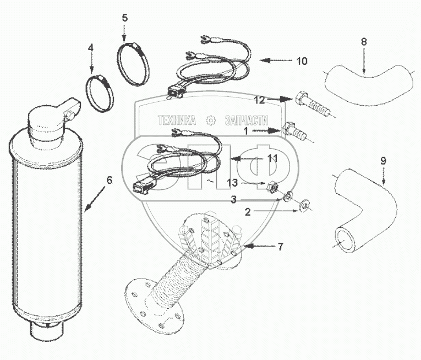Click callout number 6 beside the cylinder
(x=109, y=180)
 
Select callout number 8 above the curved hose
(x=364, y=42)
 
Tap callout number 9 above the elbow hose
(x=383, y=161)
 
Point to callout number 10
(x=302, y=61)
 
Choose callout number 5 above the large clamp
(x=125, y=18)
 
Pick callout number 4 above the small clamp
(x=91, y=48)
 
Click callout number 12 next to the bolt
(x=260, y=100)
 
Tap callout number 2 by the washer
(x=249, y=211)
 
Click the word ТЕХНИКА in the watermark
(x=177, y=120)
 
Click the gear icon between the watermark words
(x=210, y=120)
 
